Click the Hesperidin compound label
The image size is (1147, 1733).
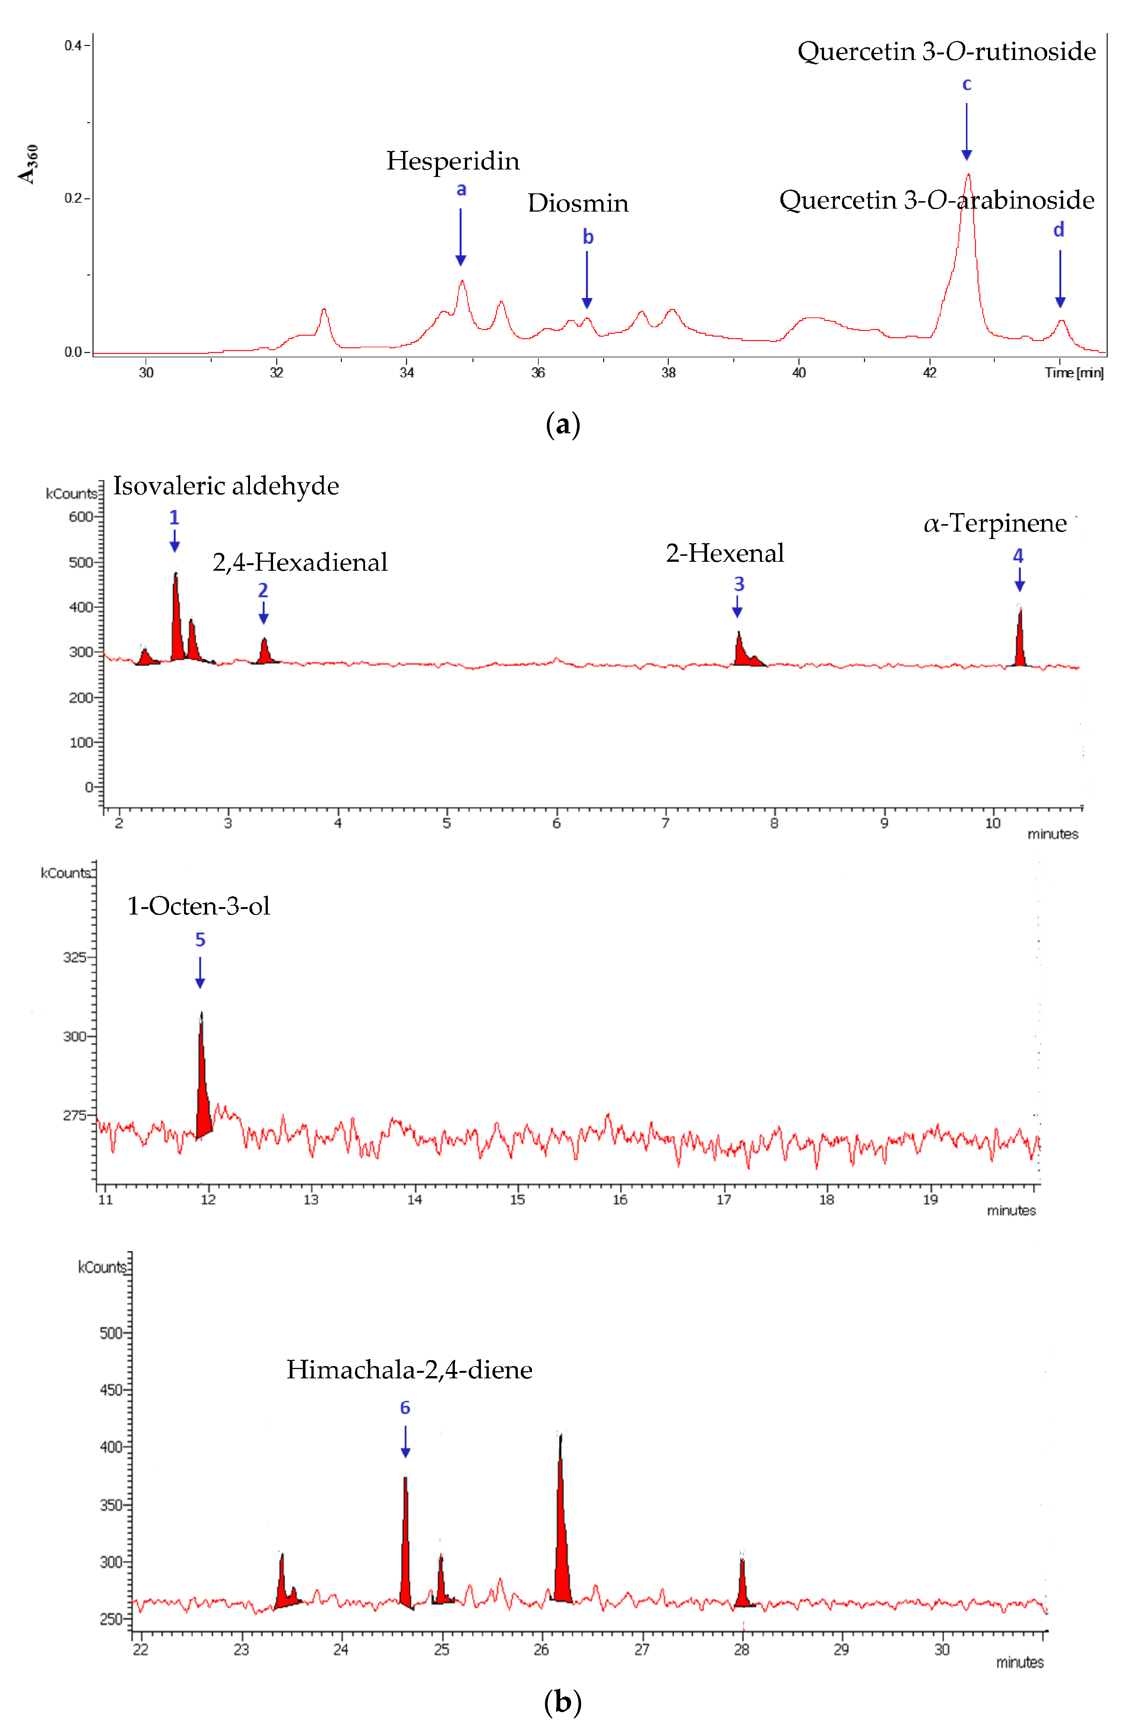tap(453, 161)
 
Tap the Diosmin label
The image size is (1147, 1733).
tap(578, 203)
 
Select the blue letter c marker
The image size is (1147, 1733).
tap(966, 85)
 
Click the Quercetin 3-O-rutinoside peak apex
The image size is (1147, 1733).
tap(968, 175)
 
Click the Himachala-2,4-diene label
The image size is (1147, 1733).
tap(409, 1369)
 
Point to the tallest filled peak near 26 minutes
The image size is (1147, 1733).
tap(561, 1536)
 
